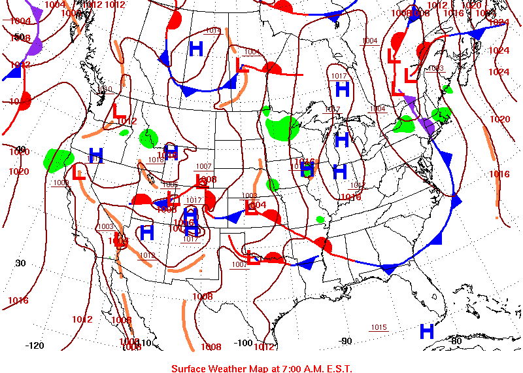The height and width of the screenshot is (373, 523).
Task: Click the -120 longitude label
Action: (34, 345)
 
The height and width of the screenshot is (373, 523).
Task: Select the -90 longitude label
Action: (346, 341)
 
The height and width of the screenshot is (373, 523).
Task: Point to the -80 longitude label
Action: (456, 340)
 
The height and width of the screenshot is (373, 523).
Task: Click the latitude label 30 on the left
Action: (20, 263)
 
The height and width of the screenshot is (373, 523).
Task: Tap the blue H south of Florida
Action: (427, 331)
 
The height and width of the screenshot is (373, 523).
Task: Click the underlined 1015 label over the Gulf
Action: (379, 327)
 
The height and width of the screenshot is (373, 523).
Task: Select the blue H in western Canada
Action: (195, 48)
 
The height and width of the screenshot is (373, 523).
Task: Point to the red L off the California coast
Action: (79, 175)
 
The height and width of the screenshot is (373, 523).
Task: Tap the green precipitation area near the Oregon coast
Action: (58, 159)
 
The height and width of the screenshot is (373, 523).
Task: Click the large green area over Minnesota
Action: (283, 126)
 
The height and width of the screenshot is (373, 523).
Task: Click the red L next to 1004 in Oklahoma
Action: (250, 207)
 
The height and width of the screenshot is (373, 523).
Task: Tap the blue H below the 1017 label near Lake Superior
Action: (342, 90)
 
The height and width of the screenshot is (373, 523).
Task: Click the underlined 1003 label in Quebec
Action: (436, 68)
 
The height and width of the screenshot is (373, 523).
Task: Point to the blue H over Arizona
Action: (146, 232)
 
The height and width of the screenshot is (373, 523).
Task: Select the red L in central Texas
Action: (252, 257)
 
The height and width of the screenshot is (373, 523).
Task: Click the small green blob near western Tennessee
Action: (320, 219)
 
